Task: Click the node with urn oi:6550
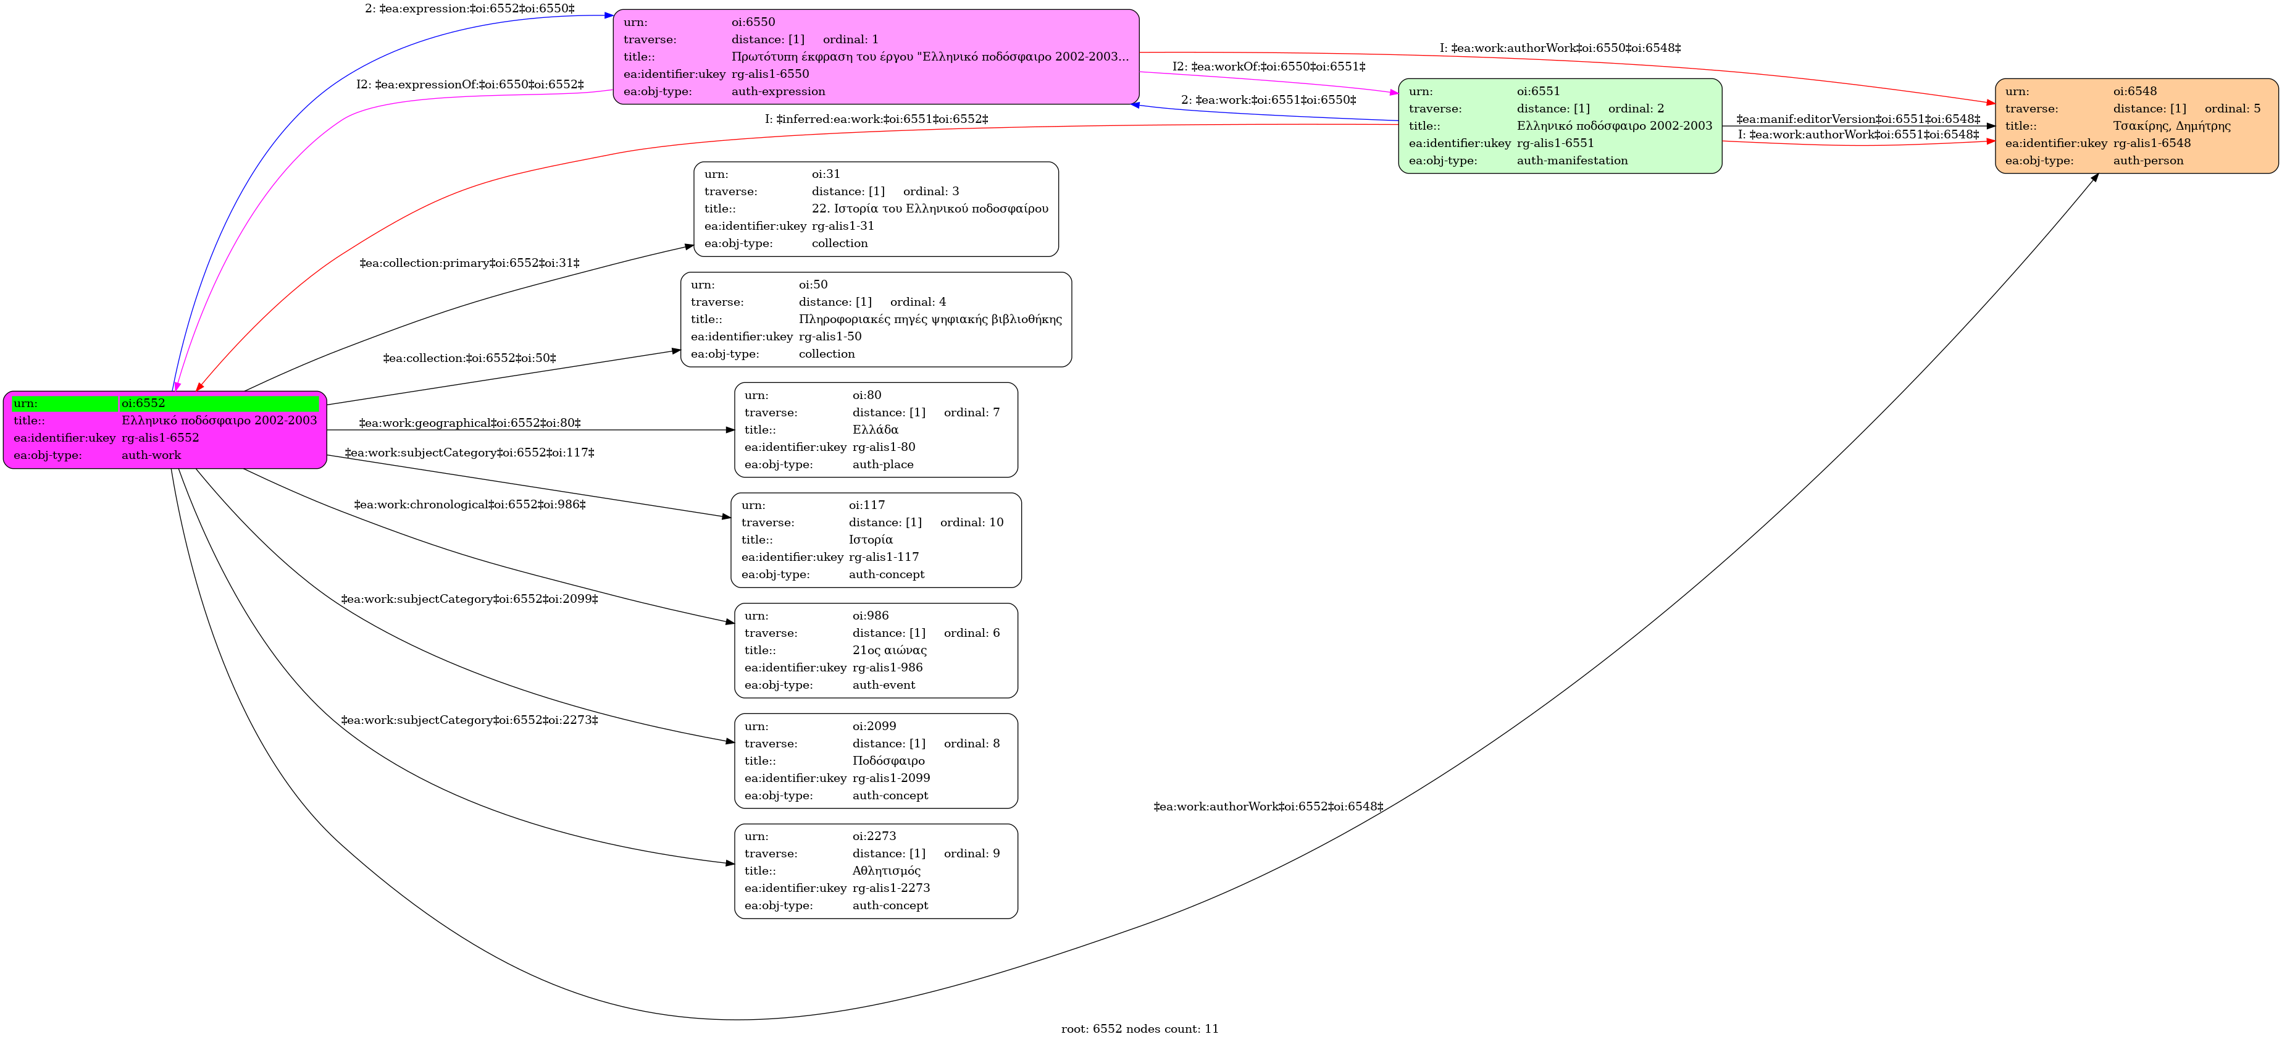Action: [876, 57]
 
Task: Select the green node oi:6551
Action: [1560, 126]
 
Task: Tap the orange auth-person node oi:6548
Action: [2137, 126]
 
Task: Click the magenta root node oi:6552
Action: [165, 430]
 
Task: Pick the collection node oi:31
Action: [876, 209]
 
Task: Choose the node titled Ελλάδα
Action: [876, 430]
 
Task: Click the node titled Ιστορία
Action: [876, 540]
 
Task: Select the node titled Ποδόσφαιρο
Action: [876, 761]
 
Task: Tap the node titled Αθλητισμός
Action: [876, 871]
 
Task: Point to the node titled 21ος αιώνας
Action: [876, 650]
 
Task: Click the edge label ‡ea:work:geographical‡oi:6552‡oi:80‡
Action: [469, 424]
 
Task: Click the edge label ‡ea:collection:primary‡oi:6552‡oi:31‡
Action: [469, 263]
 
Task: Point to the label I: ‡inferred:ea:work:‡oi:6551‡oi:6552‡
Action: [876, 119]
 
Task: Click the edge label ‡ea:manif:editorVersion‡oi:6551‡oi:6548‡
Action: [1858, 119]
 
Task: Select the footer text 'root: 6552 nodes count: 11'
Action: [1140, 1028]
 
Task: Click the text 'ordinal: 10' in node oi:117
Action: [972, 523]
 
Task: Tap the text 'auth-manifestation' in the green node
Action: [1573, 161]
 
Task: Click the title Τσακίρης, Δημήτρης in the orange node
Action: [2172, 126]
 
